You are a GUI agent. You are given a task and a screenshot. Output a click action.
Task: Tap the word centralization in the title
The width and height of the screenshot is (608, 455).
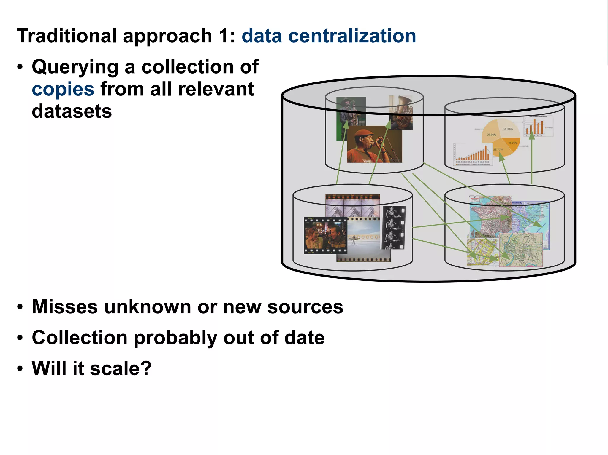pos(352,36)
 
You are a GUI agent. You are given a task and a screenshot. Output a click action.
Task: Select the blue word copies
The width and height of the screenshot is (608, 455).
pos(63,89)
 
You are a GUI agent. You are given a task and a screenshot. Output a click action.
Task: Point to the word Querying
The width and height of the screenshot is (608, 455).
pos(75,67)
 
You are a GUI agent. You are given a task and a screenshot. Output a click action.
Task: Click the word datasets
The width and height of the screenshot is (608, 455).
pos(72,111)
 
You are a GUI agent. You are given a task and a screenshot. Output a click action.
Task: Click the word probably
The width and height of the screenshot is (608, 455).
pos(175,338)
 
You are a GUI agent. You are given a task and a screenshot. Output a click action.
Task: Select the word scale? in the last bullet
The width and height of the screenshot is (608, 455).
pos(121,368)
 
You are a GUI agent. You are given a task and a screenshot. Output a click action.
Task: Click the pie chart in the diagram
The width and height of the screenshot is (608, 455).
pos(501,137)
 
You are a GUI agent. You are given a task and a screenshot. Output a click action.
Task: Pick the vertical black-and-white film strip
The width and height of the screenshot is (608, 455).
pos(394,227)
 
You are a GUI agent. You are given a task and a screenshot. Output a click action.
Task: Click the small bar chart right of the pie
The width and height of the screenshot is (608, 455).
pos(538,126)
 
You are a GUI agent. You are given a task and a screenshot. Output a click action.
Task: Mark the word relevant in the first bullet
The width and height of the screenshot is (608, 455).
pos(216,89)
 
